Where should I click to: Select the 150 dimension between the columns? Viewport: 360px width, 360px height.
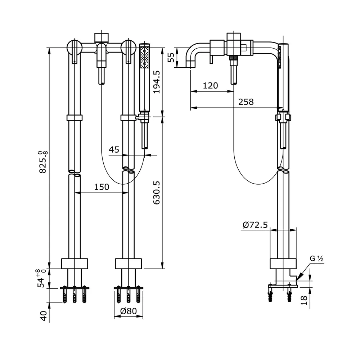point(102,187)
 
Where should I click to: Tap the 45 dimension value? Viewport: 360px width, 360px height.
point(114,149)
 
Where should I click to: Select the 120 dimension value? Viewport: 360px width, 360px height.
point(210,86)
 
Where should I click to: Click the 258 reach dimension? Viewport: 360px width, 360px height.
point(246,102)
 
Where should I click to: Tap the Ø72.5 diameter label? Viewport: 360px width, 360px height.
point(255,225)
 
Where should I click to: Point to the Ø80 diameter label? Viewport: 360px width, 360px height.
point(129,311)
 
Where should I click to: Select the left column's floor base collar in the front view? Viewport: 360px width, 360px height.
point(75,264)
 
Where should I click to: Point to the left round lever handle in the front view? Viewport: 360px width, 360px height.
point(74,47)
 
